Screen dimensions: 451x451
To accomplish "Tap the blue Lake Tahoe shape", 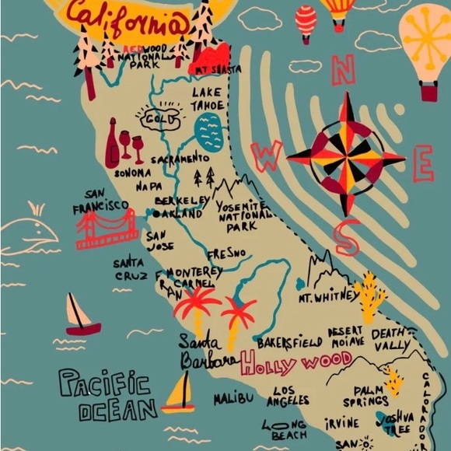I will click(208, 131).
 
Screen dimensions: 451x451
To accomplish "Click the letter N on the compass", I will click(343, 70).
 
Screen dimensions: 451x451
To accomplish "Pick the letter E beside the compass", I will click(423, 163).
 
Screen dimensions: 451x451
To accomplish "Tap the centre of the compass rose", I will click(346, 156).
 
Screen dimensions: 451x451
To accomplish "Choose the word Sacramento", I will click(180, 159).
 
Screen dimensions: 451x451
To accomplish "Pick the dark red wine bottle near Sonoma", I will click(112, 143).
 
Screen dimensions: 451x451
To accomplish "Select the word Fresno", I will click(226, 253).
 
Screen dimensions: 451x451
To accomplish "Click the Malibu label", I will click(234, 399).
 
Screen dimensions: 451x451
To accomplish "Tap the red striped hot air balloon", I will click(306, 22).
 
